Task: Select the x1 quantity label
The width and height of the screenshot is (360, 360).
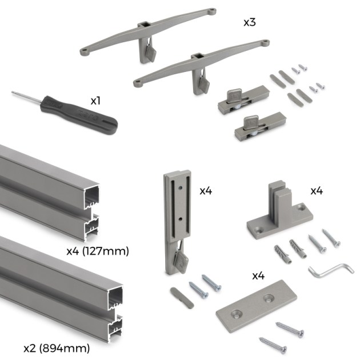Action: (95, 100)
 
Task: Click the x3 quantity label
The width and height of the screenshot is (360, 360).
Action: (250, 23)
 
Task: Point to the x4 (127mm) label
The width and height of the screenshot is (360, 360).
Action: (97, 250)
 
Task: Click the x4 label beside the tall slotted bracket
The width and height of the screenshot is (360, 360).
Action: (206, 191)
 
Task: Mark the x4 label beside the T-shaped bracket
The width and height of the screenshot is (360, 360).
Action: (317, 190)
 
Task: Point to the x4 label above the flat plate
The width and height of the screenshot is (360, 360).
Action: (258, 275)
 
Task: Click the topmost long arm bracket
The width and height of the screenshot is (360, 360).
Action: (149, 34)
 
